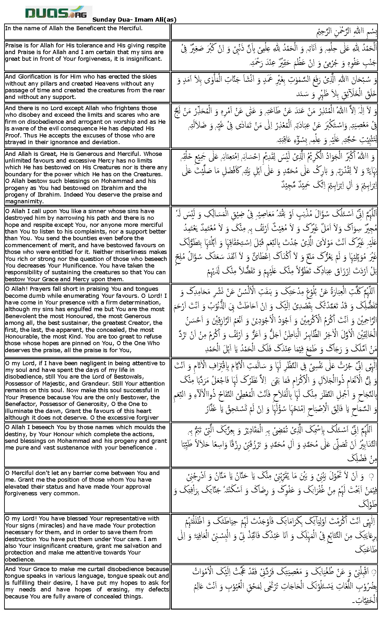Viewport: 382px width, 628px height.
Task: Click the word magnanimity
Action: [x=24, y=201]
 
